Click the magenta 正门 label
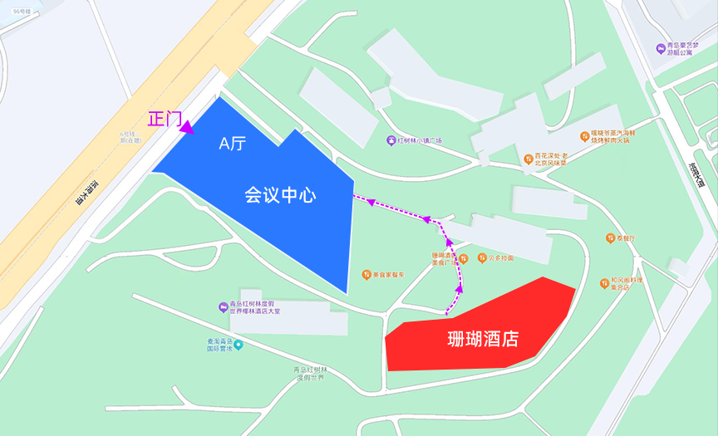click(x=164, y=119)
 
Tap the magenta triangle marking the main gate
click(x=189, y=128)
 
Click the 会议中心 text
click(x=280, y=195)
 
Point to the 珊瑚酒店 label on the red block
click(x=482, y=340)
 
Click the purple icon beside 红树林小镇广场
click(x=391, y=140)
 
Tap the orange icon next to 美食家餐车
click(x=366, y=274)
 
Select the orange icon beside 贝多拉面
click(x=480, y=258)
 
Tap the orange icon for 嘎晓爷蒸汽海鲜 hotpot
click(x=584, y=135)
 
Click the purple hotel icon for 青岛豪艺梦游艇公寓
click(x=661, y=47)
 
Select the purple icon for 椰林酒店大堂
click(x=223, y=308)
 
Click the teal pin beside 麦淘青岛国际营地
click(x=239, y=345)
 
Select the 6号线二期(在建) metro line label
click(x=131, y=137)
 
